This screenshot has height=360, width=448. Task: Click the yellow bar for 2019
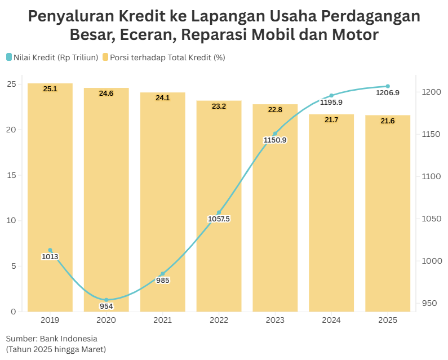click(50, 197)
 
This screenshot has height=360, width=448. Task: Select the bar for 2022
click(219, 206)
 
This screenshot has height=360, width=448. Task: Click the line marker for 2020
click(107, 300)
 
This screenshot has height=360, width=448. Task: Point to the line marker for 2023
click(275, 134)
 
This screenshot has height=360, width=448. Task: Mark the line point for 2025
click(388, 86)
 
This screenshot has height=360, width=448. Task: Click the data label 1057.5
click(219, 219)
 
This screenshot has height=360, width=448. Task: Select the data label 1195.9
click(331, 103)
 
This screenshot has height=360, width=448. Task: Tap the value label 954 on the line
click(107, 306)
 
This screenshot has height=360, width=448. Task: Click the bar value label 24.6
click(107, 94)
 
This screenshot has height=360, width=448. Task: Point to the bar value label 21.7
click(331, 120)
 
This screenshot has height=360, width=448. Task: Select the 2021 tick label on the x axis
click(162, 320)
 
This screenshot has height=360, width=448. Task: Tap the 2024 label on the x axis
click(331, 320)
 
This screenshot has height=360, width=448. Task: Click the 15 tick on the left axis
click(12, 175)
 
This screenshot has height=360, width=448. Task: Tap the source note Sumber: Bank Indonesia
click(52, 339)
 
